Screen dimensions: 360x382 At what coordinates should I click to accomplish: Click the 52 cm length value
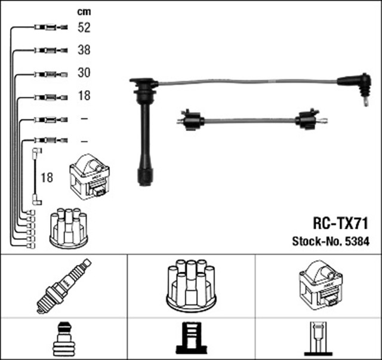point(85,27)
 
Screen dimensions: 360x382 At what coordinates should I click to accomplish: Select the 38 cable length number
point(85,51)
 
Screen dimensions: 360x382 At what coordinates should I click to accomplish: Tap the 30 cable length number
point(85,74)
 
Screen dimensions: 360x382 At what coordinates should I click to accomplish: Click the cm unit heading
point(84,11)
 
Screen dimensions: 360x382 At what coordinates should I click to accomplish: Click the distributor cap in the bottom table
point(191,284)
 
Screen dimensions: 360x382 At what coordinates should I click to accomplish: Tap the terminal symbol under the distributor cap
point(190,339)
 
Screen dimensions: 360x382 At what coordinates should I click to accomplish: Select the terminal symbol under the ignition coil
point(318,339)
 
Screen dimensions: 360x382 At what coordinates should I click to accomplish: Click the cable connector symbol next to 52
point(47,27)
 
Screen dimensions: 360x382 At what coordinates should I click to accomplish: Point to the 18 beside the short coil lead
point(47,178)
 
